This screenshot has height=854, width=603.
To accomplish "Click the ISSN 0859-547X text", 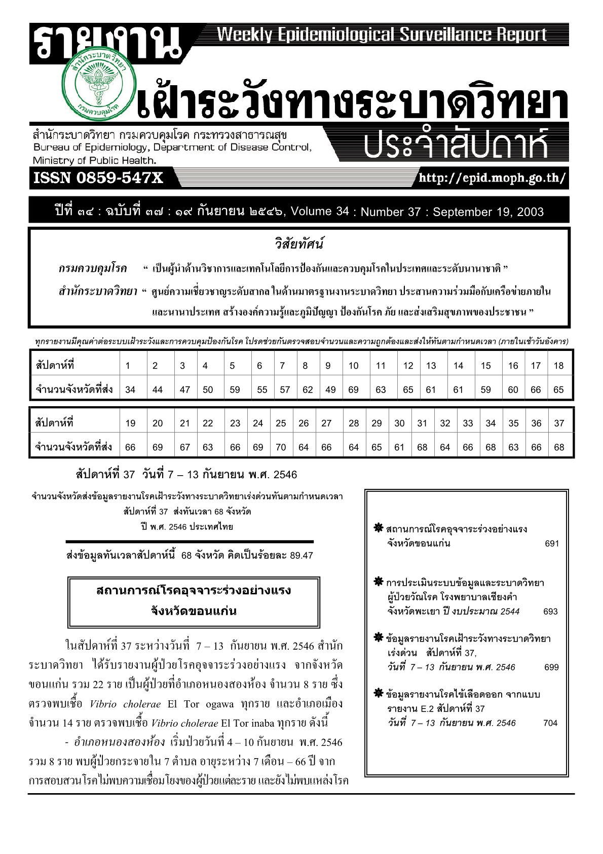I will click(x=98, y=178).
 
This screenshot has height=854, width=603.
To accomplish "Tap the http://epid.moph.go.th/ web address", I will click(x=491, y=179).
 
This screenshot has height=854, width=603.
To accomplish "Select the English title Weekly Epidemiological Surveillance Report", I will click(x=382, y=34).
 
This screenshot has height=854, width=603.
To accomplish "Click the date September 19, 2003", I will click(x=488, y=212).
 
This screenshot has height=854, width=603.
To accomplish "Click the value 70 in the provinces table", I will click(x=281, y=447).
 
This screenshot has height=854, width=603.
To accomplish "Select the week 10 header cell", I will click(x=353, y=366).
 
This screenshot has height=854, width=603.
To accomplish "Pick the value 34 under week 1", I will click(x=130, y=390).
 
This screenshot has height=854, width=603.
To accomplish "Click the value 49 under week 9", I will click(x=330, y=390).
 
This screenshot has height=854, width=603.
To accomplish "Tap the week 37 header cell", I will click(x=558, y=423).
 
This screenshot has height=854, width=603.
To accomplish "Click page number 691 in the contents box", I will click(x=551, y=544).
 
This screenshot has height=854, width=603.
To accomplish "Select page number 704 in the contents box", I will click(x=550, y=723).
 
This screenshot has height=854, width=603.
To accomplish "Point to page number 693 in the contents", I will click(x=550, y=612).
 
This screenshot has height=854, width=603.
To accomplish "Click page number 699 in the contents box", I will click(x=551, y=667).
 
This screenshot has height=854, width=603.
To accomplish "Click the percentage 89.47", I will click(x=301, y=556).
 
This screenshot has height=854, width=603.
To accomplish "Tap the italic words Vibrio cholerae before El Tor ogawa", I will click(x=125, y=704).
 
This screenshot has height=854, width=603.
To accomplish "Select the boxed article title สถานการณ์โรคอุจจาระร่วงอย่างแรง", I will click(x=194, y=591).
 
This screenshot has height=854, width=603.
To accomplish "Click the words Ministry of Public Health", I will click(x=94, y=160).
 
